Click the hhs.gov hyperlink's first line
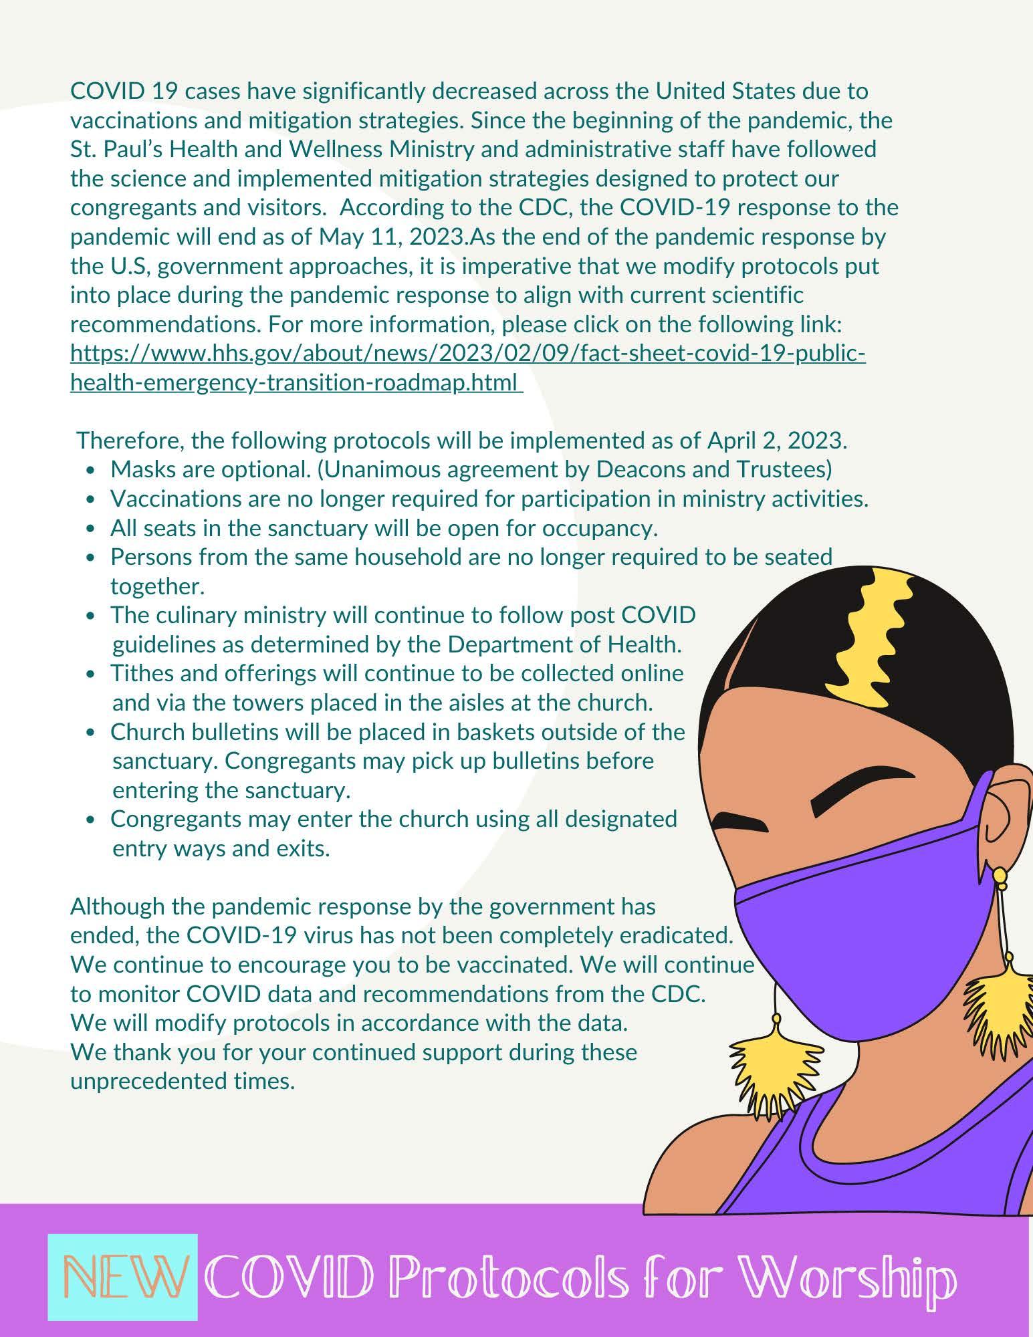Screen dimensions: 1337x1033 [x=468, y=353]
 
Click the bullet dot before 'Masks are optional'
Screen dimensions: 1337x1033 [x=92, y=471]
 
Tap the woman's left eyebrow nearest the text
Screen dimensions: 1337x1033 [x=739, y=821]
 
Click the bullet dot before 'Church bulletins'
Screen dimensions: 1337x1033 [x=92, y=733]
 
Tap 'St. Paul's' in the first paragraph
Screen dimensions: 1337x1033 [x=116, y=148]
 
